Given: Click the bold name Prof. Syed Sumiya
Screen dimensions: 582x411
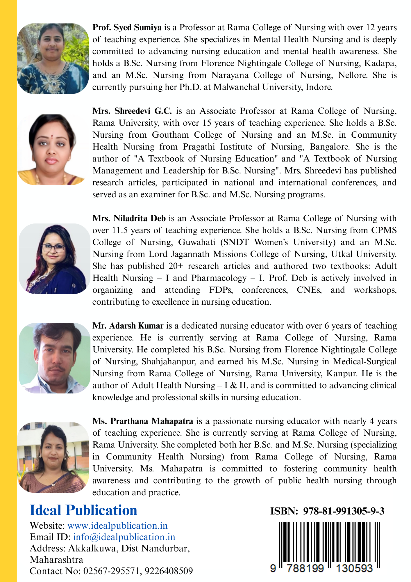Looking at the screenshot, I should click(127, 28).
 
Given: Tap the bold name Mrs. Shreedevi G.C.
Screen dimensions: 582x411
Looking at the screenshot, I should click(132, 111).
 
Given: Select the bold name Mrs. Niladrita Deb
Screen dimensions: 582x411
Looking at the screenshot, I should click(129, 219).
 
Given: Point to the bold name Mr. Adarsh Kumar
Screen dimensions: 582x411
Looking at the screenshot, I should click(128, 326).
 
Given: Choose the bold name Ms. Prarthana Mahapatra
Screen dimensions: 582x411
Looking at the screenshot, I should click(143, 421).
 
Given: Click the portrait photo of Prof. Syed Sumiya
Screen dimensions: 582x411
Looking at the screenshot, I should click(53, 58).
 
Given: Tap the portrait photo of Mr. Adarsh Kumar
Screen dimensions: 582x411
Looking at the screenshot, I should click(54, 358).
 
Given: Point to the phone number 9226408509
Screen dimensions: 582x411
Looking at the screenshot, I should click(169, 571).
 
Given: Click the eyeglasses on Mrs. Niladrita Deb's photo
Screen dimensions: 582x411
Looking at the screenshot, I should click(54, 248).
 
